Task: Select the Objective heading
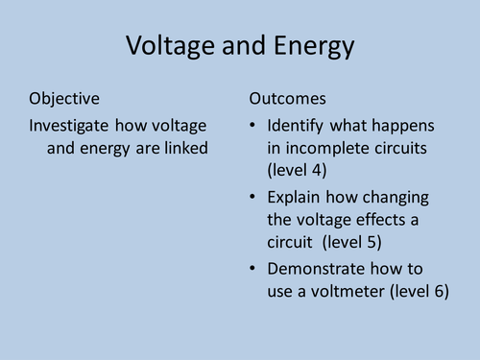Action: click(x=64, y=99)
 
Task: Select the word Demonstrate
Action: click(x=316, y=269)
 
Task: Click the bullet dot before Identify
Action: click(x=252, y=127)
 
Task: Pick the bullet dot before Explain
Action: click(x=252, y=198)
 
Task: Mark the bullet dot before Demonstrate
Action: click(x=252, y=270)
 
